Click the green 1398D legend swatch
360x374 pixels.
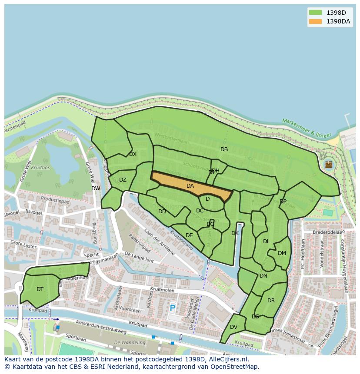click(x=315, y=12)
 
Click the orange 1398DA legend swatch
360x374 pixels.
click(x=315, y=21)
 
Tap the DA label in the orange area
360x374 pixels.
click(x=190, y=186)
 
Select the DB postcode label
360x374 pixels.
click(x=224, y=149)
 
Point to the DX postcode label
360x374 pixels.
click(x=133, y=154)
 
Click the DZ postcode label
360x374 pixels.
click(x=123, y=180)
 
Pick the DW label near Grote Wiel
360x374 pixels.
click(x=96, y=189)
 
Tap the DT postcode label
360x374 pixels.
click(x=40, y=289)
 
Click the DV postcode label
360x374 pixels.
click(x=233, y=327)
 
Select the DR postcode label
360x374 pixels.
click(x=271, y=301)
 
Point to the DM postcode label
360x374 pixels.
click(x=282, y=253)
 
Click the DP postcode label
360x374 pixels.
click(x=283, y=202)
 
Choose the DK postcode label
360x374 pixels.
click(x=235, y=233)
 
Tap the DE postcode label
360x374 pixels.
click(x=189, y=235)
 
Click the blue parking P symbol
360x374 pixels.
click(x=172, y=308)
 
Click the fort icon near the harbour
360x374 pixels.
click(x=328, y=164)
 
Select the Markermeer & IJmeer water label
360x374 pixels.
click(x=307, y=128)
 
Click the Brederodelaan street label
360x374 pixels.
click(x=328, y=232)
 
